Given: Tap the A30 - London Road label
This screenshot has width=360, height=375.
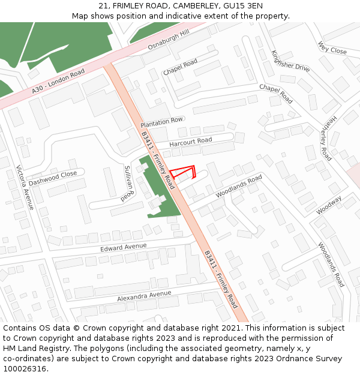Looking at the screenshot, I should click(59, 81).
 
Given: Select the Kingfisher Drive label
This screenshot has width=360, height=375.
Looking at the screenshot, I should click(290, 61).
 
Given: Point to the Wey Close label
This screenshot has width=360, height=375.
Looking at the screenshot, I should click(332, 48).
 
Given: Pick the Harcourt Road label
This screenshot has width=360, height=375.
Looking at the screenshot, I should click(191, 142).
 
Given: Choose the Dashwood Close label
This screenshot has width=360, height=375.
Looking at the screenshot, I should click(53, 178).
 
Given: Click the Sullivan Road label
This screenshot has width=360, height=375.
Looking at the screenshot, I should click(127, 183).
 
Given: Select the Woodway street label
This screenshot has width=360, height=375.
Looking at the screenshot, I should click(329, 204).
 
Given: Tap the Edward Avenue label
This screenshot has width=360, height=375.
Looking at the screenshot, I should click(124, 247).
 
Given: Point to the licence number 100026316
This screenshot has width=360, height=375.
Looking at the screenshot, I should click(25, 368).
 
